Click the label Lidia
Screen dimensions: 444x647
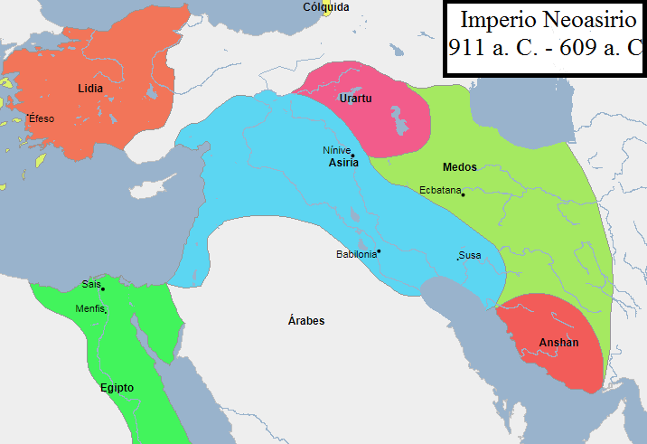[x=90, y=88]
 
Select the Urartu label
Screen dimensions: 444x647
[x=354, y=98]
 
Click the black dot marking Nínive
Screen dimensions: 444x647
[x=352, y=156]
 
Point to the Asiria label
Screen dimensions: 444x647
[x=343, y=164]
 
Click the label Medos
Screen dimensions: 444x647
[x=460, y=167]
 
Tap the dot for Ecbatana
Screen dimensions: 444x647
[x=462, y=194]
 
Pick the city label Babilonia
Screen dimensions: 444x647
[x=355, y=254]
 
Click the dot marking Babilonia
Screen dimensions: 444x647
[x=379, y=250]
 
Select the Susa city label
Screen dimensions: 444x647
[x=470, y=256]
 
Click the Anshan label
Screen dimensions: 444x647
[x=558, y=343]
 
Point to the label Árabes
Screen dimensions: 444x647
[x=306, y=321]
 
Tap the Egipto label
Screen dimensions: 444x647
[x=117, y=388]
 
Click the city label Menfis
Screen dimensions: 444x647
[x=90, y=308]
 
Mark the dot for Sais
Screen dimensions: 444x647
[x=103, y=288]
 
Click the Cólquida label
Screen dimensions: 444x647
[x=325, y=7]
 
